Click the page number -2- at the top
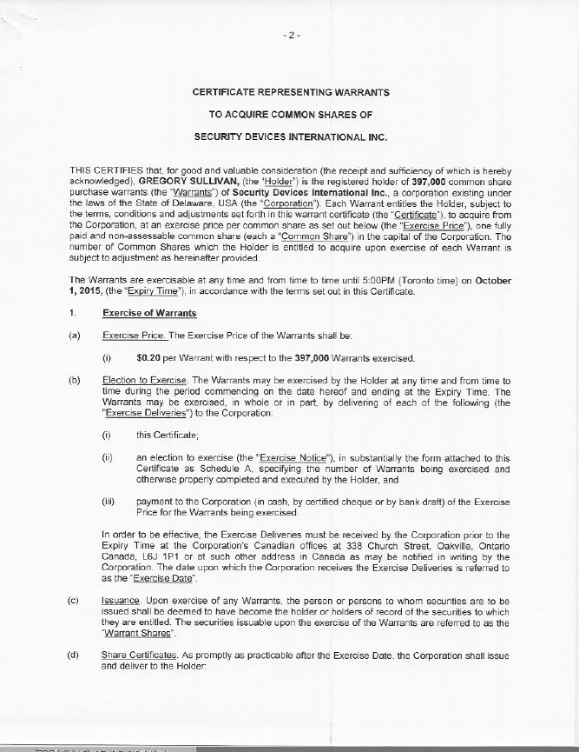291,37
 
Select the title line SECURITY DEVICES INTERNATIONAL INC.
290,137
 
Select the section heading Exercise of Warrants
149,313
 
